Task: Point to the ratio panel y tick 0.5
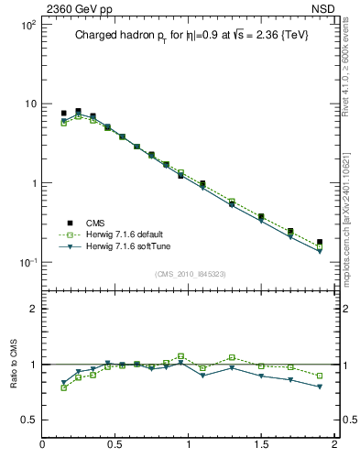(29, 420)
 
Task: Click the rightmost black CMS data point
(320, 242)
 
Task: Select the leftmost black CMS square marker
(63, 113)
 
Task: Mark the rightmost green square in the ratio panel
(320, 376)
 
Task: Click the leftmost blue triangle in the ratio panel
(63, 383)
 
